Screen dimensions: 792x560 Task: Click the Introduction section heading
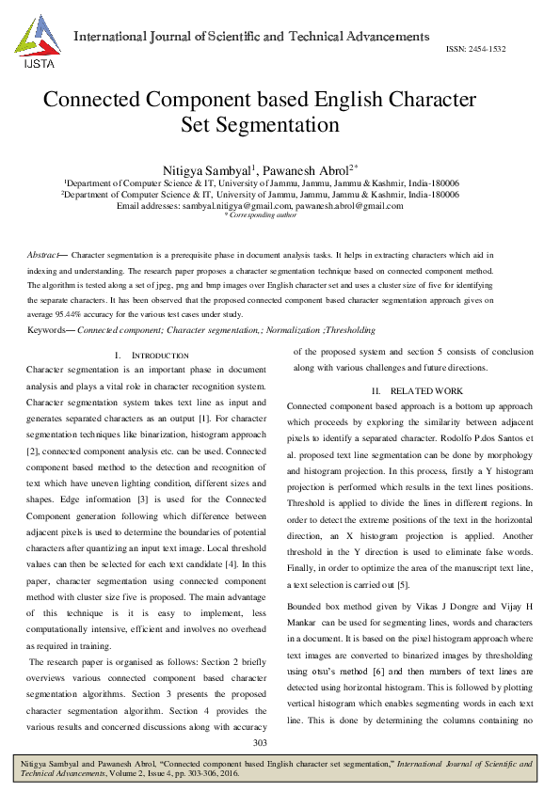[148, 356]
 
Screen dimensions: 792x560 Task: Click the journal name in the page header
[251, 38]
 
